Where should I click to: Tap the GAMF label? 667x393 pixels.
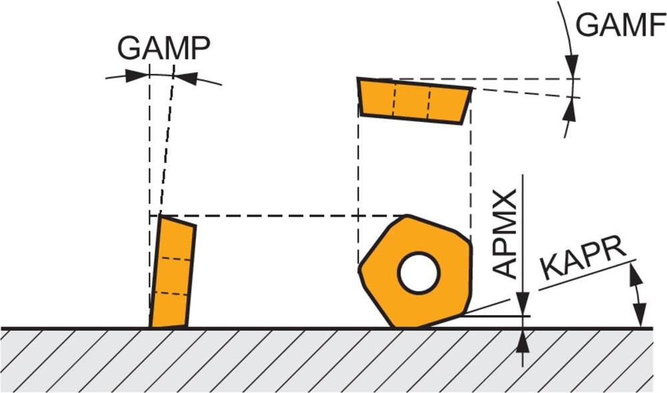click(620, 24)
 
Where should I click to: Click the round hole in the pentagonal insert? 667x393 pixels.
click(419, 273)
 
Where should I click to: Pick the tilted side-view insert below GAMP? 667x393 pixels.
click(172, 272)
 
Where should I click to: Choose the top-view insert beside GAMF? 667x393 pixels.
click(415, 101)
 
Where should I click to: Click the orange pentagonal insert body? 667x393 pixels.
click(416, 272)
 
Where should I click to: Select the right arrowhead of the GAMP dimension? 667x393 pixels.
click(186, 78)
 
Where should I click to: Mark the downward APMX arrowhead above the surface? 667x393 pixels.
click(523, 304)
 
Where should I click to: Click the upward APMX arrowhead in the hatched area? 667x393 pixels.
click(523, 341)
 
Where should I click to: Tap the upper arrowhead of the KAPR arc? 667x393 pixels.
click(635, 274)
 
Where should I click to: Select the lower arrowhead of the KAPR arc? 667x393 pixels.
click(641, 315)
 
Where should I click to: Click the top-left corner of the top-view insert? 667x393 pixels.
click(358, 78)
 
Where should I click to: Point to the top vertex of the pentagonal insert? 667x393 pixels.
click(408, 216)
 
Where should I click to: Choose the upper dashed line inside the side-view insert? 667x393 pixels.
click(175, 258)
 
